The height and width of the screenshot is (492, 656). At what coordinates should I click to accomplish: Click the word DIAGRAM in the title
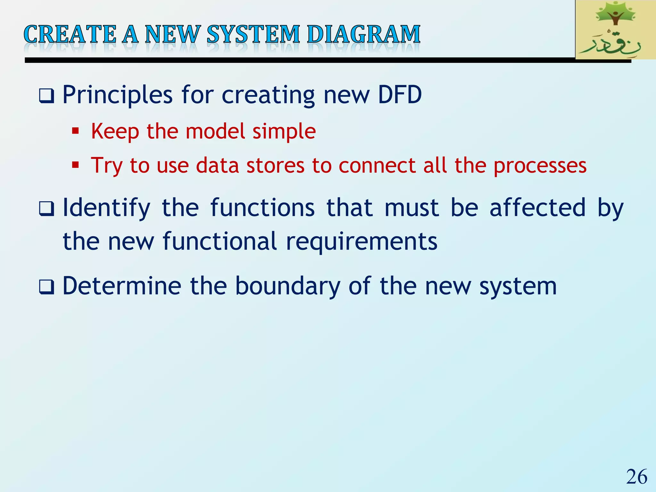click(x=364, y=34)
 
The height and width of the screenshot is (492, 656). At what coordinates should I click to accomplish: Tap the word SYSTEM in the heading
click(x=253, y=34)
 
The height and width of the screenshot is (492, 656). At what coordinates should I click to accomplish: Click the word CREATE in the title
click(x=70, y=34)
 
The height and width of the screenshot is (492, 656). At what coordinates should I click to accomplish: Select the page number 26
click(x=636, y=477)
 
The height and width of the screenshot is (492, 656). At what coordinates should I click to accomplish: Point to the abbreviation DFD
click(x=400, y=95)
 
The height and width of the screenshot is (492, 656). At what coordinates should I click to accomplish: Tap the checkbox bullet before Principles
click(x=46, y=96)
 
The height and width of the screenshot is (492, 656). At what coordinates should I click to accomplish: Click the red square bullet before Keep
click(x=75, y=131)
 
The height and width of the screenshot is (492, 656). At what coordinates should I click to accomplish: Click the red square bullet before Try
click(x=75, y=165)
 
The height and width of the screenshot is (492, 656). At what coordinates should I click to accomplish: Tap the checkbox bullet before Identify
click(x=46, y=209)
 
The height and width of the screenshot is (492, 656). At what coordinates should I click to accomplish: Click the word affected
click(x=537, y=208)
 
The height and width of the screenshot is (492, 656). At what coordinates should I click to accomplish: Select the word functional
click(x=219, y=241)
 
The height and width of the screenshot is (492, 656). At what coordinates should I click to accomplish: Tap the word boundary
click(x=288, y=286)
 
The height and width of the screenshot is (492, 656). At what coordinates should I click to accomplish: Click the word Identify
click(x=106, y=208)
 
